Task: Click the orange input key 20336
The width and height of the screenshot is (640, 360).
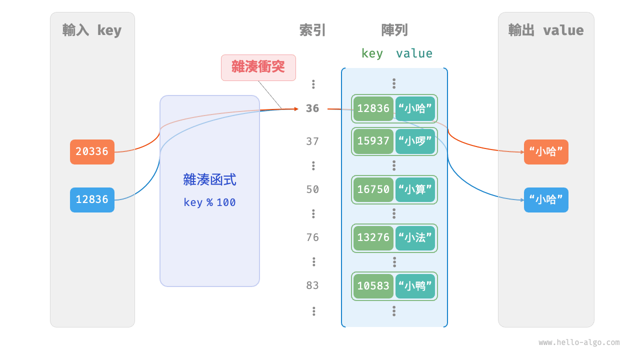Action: tap(92, 151)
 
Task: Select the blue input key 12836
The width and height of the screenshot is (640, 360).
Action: tap(92, 199)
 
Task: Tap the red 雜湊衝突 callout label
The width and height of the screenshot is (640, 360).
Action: tap(258, 67)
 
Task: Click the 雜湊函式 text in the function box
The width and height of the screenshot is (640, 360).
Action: tap(209, 179)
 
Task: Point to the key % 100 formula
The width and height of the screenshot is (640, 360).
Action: tap(209, 202)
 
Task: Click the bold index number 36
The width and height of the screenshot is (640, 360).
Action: tap(312, 108)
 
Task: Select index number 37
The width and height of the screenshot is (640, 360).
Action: tap(312, 141)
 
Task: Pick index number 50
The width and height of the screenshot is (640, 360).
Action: tap(312, 189)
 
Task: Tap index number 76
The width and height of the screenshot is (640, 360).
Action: tap(312, 237)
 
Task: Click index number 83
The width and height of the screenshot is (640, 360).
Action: tap(312, 285)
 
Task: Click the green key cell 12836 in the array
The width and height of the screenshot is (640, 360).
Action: tap(373, 109)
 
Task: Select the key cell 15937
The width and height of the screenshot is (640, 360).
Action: tap(373, 141)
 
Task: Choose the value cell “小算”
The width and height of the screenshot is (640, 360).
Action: tap(415, 189)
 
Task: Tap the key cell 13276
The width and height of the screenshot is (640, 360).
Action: tap(373, 237)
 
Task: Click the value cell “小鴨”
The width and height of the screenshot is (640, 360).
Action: tap(415, 285)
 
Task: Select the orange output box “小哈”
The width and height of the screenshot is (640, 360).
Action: tap(546, 152)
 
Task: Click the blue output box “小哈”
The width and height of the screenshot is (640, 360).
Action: tap(546, 200)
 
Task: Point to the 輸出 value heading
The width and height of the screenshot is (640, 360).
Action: tap(546, 30)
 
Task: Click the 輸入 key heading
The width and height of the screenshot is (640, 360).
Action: tap(92, 30)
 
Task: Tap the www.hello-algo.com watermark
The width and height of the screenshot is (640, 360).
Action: tap(579, 342)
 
